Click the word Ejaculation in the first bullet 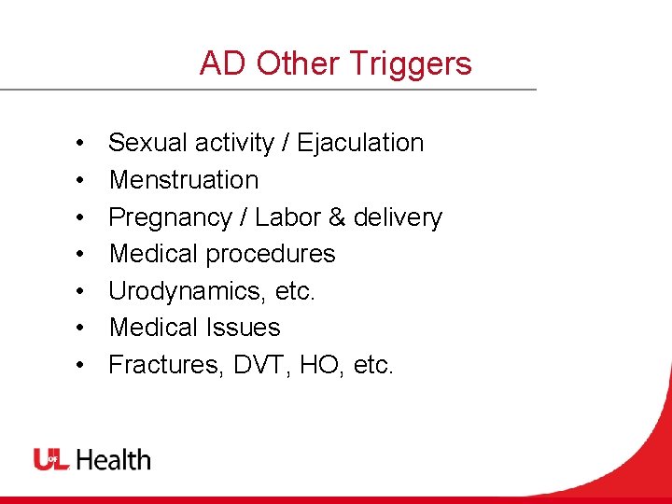360,143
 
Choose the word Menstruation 184,179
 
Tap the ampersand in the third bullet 337,217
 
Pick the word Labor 287,217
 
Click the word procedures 273,253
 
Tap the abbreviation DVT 251,364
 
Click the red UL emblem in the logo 51,459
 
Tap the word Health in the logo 113,459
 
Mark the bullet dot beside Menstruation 81,180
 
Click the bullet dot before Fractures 81,365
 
